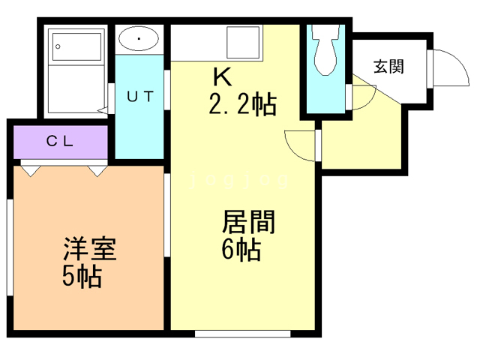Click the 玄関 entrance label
pos(388,67)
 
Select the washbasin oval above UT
pos(139,37)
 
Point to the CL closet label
pos(60,140)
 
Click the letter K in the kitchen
pos(222,76)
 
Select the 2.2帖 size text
pos(241,104)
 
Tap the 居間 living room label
pos(248,223)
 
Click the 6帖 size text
pos(241,250)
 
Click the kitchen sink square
pos(244,43)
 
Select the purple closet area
pos(60,141)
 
